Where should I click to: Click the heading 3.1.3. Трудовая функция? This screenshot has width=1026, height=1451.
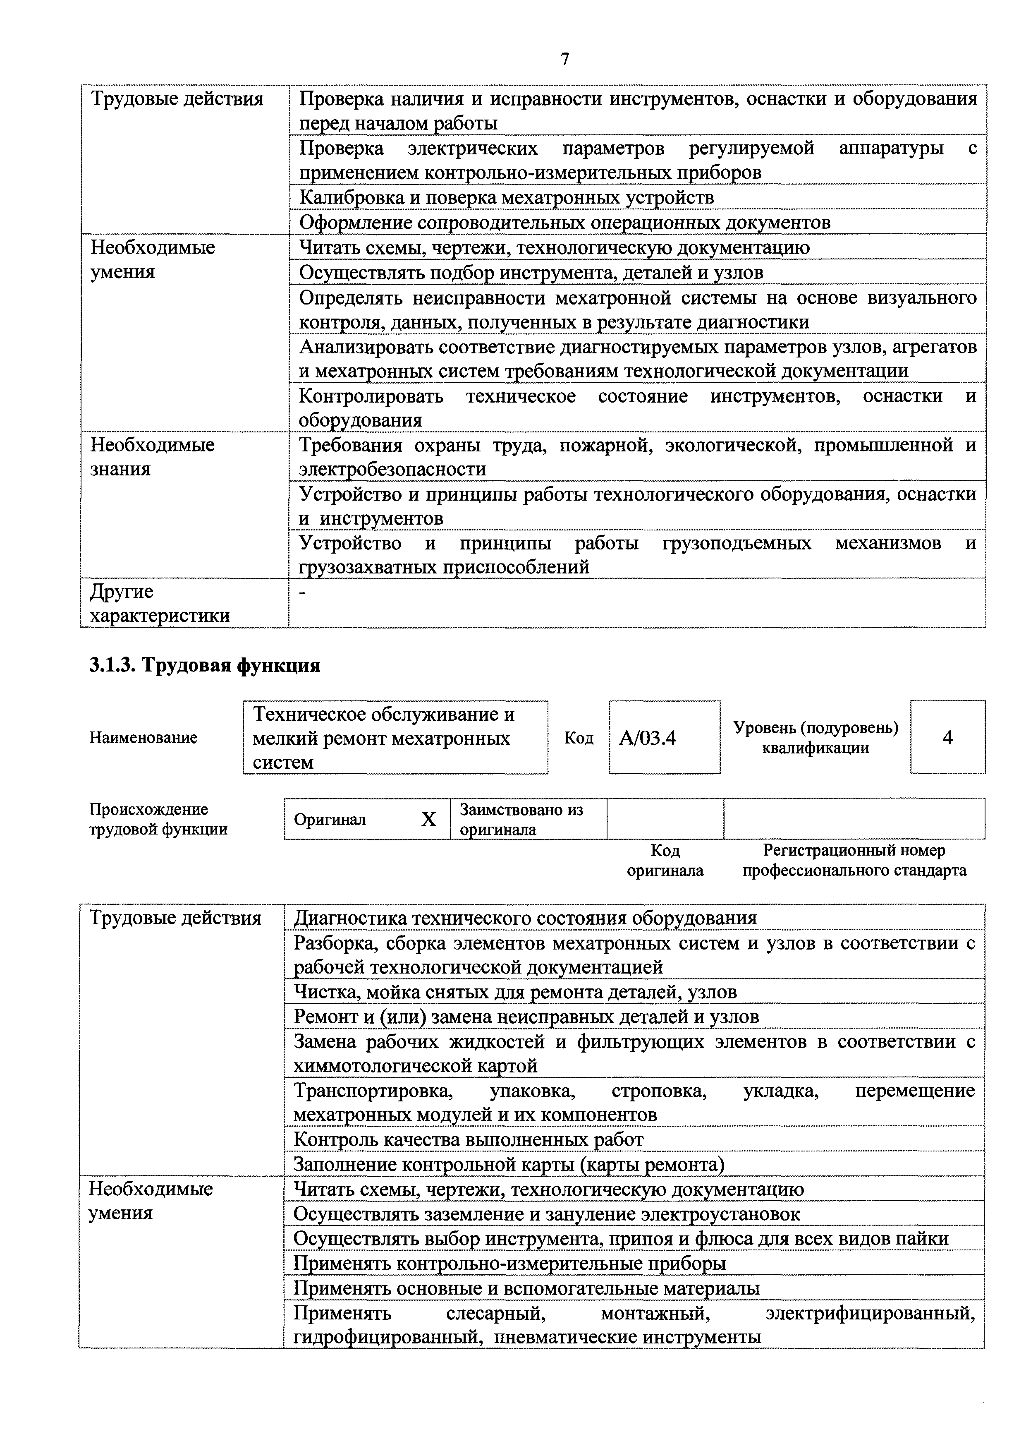coord(205,665)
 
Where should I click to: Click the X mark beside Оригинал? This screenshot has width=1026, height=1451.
coord(428,820)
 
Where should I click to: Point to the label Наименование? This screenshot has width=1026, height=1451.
coord(143,738)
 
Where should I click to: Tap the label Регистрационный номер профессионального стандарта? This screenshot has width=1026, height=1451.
coord(854,860)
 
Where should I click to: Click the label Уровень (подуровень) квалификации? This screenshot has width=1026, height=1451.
coord(815,738)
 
